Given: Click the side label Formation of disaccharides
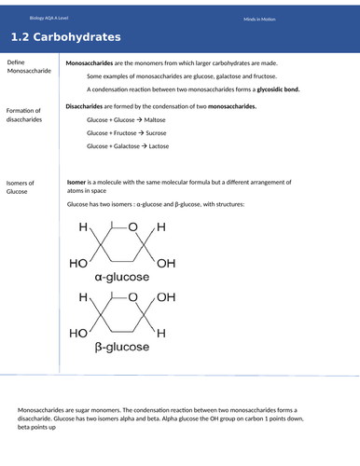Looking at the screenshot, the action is click(29, 114).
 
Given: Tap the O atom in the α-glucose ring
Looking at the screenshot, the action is click(132, 228).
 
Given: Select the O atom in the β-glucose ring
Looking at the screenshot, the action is click(132, 297).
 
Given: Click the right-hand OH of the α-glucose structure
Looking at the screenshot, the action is click(166, 264).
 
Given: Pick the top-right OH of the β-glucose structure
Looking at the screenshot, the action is click(166, 297).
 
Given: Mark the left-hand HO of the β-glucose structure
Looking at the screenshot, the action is click(79, 333).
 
